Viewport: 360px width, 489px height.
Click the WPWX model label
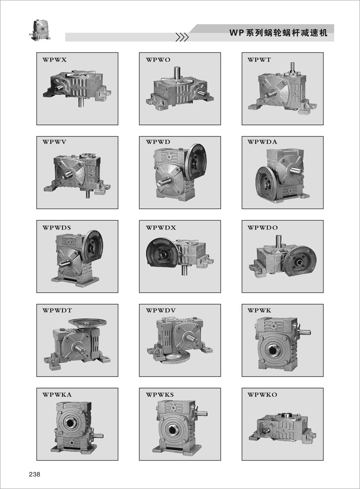coord(55,60)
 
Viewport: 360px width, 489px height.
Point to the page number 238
coord(34,474)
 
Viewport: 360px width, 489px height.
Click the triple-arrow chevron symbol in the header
coord(182,37)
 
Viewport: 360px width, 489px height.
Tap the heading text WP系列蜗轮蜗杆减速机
coord(278,33)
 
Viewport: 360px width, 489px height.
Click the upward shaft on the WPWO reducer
coord(177,72)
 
